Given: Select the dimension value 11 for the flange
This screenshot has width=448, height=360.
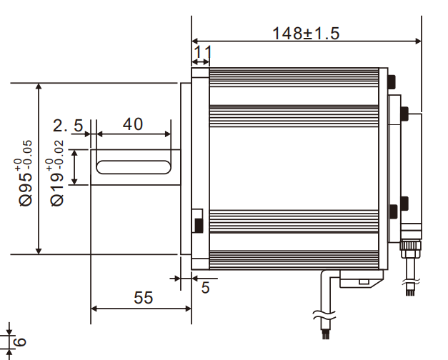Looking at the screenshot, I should [203, 51].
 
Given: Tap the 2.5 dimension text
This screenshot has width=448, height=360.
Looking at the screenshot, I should [68, 126].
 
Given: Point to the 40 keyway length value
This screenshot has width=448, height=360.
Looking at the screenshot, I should [132, 124].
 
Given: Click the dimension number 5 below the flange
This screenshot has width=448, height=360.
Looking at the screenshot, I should [206, 288].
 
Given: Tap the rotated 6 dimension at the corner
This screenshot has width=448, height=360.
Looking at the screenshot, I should [20, 341].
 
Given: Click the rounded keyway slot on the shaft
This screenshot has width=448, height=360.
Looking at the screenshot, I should [133, 167].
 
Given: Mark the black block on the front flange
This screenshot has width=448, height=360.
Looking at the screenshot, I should [197, 225].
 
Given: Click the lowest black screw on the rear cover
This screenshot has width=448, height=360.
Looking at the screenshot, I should [393, 211].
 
